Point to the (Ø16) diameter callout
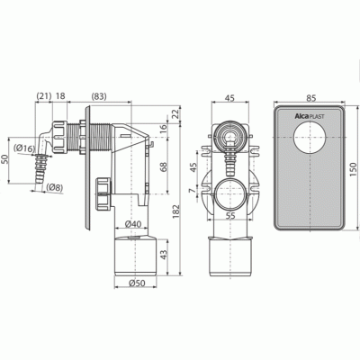(24, 148)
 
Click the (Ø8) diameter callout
(55, 187)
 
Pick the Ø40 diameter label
(133, 224)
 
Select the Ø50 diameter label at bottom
(137, 283)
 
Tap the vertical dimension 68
(164, 166)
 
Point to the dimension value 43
(164, 255)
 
